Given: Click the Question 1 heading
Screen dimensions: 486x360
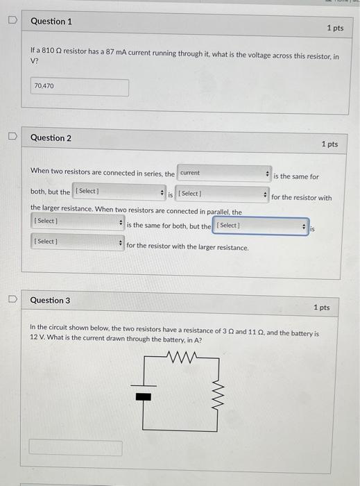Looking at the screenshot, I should tap(51, 22).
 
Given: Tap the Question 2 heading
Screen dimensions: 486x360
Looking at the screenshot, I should tap(51, 137).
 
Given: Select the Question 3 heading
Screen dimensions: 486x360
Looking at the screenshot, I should tap(51, 300).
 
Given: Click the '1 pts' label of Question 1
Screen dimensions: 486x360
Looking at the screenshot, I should tap(335, 28).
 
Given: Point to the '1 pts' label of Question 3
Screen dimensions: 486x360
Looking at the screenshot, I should tap(321, 307).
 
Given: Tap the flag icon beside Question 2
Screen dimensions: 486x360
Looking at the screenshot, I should tap(10, 137).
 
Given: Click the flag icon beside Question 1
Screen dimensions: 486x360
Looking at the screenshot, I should tap(10, 22).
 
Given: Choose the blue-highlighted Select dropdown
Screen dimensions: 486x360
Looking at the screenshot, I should tap(260, 226).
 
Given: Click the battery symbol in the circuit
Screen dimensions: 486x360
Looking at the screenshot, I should tap(143, 396).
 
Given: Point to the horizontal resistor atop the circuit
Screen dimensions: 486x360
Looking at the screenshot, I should tap(182, 358).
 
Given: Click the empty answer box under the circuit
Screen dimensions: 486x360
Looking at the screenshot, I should tap(76, 448).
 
